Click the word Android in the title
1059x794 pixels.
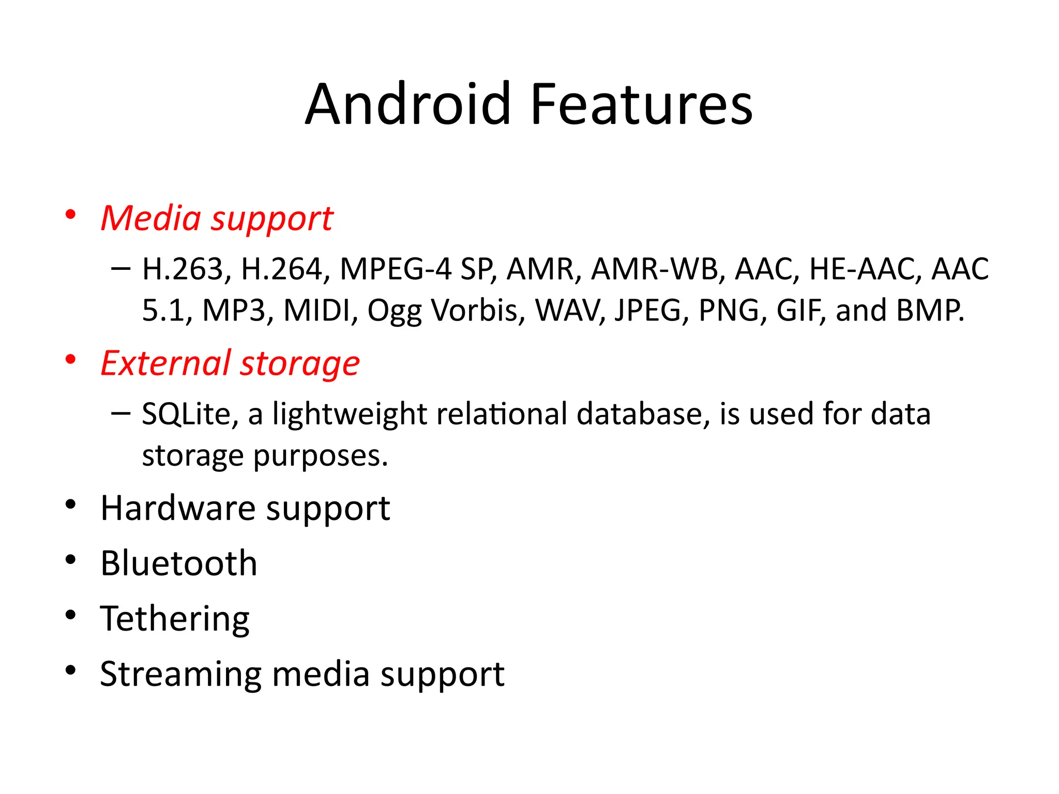click(x=408, y=104)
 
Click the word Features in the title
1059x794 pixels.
click(x=641, y=104)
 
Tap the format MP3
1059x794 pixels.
click(x=234, y=311)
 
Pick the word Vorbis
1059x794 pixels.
click(x=478, y=311)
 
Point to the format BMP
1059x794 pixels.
click(x=930, y=311)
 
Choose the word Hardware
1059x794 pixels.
click(x=178, y=508)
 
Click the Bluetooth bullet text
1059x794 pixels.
click(x=179, y=563)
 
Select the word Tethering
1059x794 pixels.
click(x=175, y=619)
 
